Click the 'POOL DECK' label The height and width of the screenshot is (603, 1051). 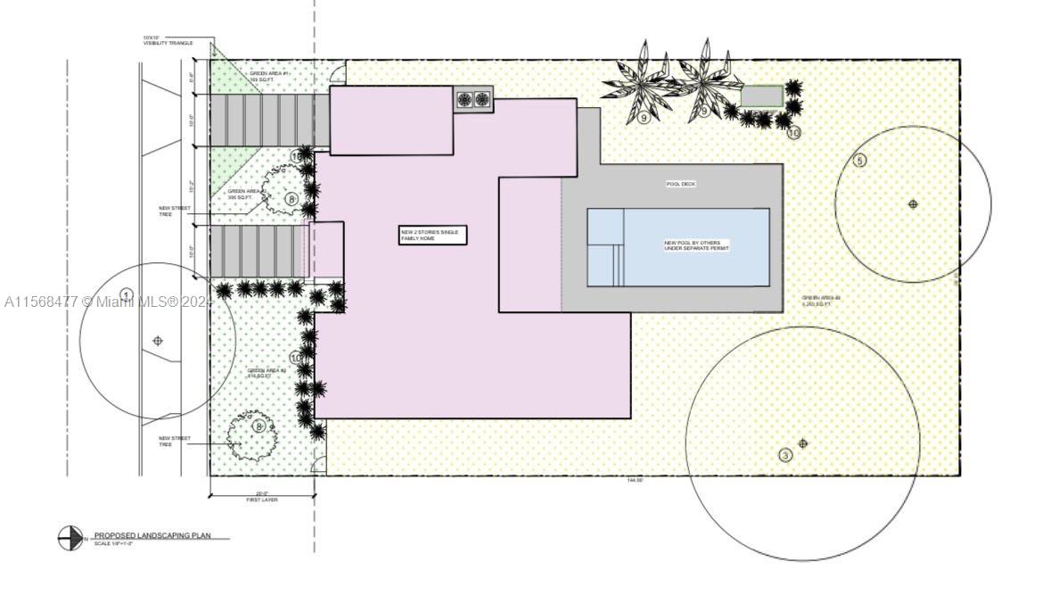[680, 184]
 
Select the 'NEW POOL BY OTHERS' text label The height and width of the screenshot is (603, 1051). [696, 245]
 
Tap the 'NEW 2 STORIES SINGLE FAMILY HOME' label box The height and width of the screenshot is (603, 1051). [432, 235]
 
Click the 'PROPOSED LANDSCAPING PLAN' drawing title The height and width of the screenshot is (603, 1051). [152, 535]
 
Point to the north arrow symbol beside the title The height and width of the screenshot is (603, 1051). [70, 538]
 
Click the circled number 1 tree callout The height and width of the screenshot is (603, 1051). [127, 295]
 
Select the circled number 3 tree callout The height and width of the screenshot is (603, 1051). [785, 456]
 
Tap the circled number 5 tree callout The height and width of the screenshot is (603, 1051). [860, 161]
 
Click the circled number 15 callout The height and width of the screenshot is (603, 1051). [297, 156]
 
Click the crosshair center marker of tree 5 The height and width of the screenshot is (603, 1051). [913, 204]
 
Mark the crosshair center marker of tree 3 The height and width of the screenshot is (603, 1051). [803, 443]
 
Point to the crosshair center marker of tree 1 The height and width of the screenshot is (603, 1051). [159, 341]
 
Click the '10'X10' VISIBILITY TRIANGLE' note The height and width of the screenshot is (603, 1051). [168, 41]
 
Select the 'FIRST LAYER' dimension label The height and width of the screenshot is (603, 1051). [262, 500]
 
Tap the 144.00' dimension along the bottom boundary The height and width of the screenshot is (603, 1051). [635, 481]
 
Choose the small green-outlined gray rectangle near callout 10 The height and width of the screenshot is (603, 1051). [762, 96]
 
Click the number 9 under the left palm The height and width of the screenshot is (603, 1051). [644, 118]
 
